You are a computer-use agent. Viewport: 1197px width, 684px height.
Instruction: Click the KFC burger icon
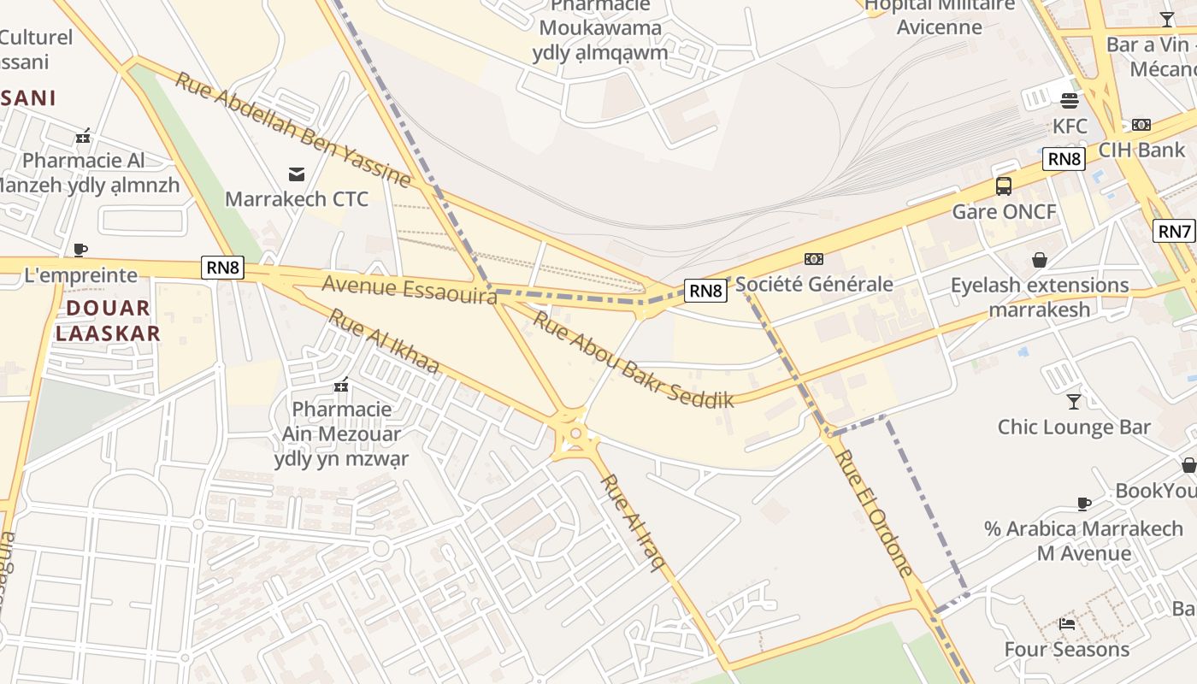[x=1069, y=101]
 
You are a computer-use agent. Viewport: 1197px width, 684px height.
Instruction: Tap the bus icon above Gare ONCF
[x=1004, y=186]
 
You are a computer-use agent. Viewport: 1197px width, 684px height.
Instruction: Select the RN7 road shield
[x=1174, y=231]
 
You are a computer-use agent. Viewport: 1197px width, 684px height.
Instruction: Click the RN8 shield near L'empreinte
[x=223, y=268]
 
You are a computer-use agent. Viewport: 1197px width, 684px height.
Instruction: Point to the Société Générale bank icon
[x=814, y=258]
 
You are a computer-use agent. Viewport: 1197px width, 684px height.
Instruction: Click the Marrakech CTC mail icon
[x=297, y=174]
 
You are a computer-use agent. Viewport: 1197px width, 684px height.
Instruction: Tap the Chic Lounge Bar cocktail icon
[x=1074, y=401]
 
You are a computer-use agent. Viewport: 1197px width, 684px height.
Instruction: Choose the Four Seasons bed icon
[x=1067, y=623]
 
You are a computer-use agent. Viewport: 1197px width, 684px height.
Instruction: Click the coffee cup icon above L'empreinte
[x=80, y=250]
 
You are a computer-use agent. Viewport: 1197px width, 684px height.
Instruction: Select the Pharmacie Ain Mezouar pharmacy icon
[x=341, y=385]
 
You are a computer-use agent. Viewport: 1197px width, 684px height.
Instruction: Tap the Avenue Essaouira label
[x=410, y=289]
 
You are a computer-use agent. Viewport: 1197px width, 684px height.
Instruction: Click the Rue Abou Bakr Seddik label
[x=634, y=358]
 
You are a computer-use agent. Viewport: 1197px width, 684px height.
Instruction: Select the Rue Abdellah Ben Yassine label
[x=293, y=129]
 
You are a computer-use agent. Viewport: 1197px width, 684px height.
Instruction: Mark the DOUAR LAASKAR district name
[x=108, y=321]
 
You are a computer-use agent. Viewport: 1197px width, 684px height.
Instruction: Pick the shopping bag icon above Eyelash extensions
[x=1040, y=259]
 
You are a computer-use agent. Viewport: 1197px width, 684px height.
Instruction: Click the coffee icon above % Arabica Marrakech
[x=1084, y=504]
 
